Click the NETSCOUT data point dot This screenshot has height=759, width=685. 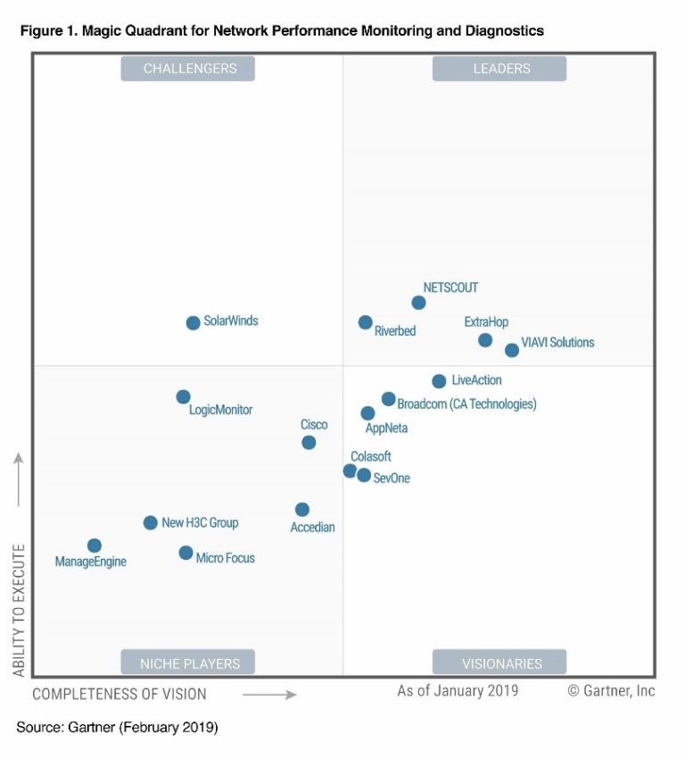[418, 303]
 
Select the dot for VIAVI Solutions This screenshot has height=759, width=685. [512, 350]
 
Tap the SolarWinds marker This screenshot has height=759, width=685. [193, 322]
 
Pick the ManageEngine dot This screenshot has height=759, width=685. [94, 546]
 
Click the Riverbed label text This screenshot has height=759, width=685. [394, 331]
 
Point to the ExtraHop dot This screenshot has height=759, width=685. [485, 340]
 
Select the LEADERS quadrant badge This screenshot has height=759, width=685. [499, 69]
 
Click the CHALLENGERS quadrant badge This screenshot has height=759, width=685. [188, 69]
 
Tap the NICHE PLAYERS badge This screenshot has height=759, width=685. [188, 663]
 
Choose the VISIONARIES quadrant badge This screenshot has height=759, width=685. [499, 663]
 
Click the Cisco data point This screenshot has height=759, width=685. [309, 442]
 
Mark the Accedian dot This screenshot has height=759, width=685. [302, 510]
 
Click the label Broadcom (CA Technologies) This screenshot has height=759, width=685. [466, 405]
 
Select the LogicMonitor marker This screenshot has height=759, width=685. [183, 396]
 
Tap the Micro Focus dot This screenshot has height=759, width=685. [186, 553]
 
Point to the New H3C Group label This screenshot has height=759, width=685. [200, 522]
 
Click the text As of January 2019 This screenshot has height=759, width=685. [458, 691]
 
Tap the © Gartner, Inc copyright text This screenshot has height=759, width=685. [611, 691]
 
